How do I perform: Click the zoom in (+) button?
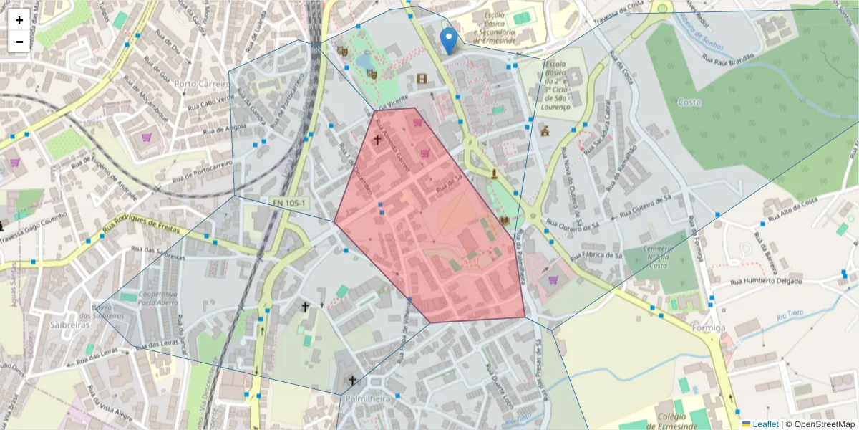[x=19, y=20]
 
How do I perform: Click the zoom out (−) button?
[x=19, y=42]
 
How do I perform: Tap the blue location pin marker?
[x=449, y=41]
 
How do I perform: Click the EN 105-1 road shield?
[x=290, y=204]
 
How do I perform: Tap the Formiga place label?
[x=709, y=328]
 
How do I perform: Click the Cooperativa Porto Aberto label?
[x=158, y=298]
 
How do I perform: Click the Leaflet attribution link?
[x=765, y=424]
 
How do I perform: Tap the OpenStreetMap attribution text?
[x=823, y=424]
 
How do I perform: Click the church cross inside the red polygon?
[x=377, y=140]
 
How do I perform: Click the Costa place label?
[x=689, y=102]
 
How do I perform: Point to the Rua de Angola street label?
[x=225, y=130]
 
